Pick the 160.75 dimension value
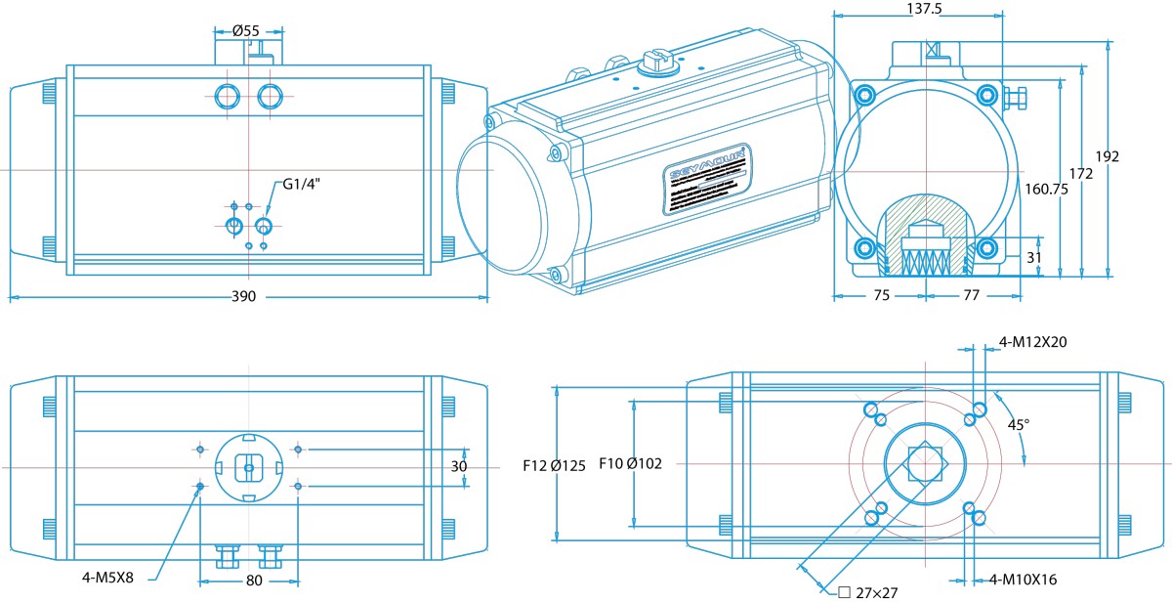[x=1047, y=190]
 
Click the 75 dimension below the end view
[x=882, y=293]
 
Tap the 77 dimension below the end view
[x=971, y=293]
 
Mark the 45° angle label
[x=1019, y=424]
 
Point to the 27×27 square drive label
[x=870, y=590]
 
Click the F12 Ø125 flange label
[x=554, y=465]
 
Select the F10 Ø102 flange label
[x=630, y=463]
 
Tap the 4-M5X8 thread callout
[x=108, y=577]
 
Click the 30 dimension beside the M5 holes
[x=458, y=467]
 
